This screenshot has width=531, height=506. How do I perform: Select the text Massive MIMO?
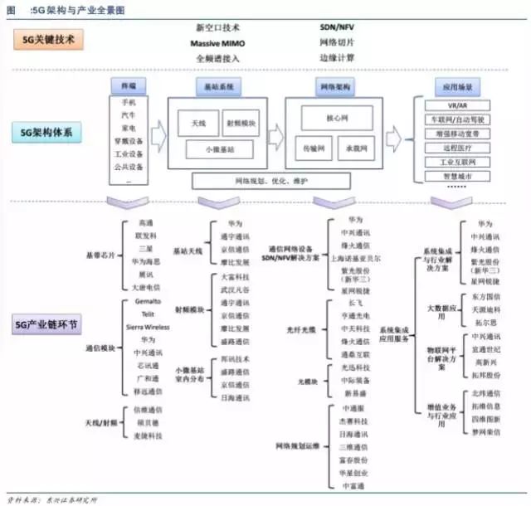[x=217, y=42]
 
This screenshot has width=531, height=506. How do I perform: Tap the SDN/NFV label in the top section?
[x=337, y=28]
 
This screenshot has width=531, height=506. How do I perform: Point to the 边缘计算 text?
[x=337, y=57]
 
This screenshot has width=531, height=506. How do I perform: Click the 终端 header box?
[x=129, y=85]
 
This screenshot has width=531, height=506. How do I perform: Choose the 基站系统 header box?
[x=219, y=85]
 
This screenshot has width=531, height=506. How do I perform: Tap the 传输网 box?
[x=313, y=147]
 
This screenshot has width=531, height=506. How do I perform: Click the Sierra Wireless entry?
[x=148, y=327]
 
